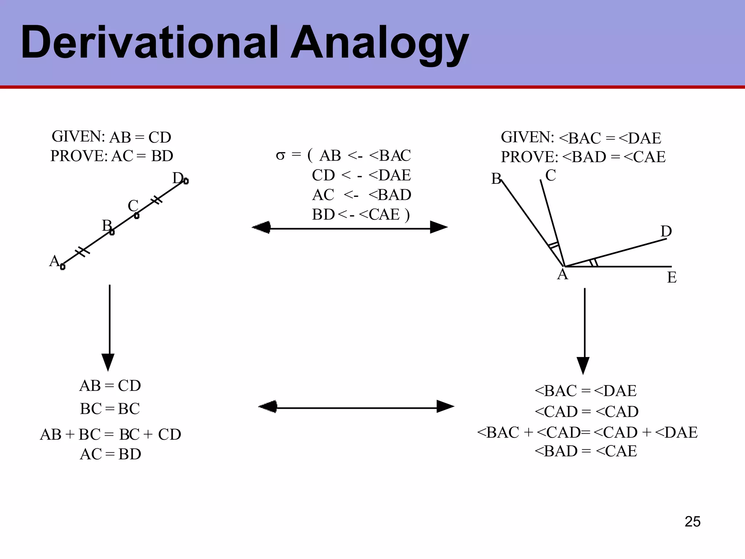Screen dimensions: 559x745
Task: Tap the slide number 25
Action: click(x=692, y=522)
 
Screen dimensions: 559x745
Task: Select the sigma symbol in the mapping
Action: click(x=280, y=156)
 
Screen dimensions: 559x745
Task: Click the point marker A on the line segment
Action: click(x=63, y=267)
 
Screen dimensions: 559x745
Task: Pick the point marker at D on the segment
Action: click(x=186, y=181)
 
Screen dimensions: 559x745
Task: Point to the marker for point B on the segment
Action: click(x=112, y=232)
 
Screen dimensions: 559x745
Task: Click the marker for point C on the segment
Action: click(x=137, y=216)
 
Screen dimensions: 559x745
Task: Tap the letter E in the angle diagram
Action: click(x=672, y=278)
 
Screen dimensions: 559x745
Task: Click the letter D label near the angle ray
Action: click(x=666, y=231)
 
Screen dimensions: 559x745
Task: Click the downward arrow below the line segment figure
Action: click(x=108, y=328)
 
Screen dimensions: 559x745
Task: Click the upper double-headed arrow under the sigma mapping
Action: click(x=350, y=227)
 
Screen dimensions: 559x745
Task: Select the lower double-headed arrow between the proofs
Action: click(x=356, y=407)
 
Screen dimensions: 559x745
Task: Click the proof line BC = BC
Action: click(x=110, y=409)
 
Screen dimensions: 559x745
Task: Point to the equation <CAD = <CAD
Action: click(x=586, y=412)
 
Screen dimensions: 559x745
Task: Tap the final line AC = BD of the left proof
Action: click(x=110, y=454)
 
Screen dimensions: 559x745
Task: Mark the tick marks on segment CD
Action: click(x=156, y=200)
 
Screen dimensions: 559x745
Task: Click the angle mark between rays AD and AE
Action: click(x=594, y=262)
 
